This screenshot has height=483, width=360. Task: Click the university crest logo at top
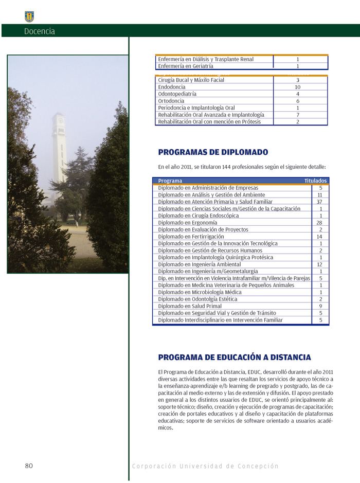coord(29,16)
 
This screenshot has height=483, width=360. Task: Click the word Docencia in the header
coord(39,31)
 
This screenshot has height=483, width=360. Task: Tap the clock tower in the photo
coord(59,149)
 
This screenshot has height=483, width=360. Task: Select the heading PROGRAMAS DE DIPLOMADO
coord(213,153)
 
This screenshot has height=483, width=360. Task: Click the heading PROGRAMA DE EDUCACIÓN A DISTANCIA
coord(234,357)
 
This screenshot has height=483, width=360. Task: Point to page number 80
coord(29,466)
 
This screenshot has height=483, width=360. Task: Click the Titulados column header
coord(315,181)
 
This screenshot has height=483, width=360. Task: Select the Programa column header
coord(170,181)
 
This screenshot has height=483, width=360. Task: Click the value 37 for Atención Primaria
coord(320,202)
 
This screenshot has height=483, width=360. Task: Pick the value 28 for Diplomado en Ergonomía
coord(320,223)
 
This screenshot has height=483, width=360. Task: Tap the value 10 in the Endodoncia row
coord(298,87)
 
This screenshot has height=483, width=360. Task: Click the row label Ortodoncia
coord(171,101)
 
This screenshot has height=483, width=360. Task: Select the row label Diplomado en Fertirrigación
coord(191,237)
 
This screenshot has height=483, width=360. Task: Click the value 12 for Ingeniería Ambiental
coord(320,264)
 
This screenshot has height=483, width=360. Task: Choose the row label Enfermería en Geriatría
coord(186,66)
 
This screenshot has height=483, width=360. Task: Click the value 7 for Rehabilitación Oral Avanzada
coord(298,115)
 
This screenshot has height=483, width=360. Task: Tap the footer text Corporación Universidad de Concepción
coord(205,467)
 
